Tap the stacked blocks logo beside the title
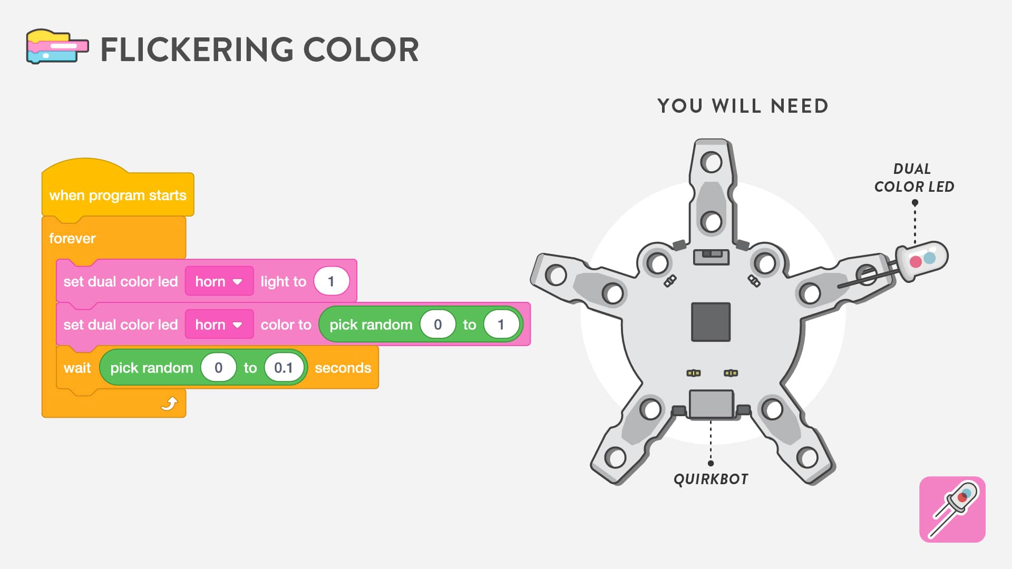(57, 46)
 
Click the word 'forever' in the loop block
(72, 239)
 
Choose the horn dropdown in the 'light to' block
(219, 281)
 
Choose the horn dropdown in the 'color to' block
(219, 325)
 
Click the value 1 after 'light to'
(332, 281)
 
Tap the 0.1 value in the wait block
(284, 368)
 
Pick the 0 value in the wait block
(218, 368)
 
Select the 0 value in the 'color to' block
(437, 325)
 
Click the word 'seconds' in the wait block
(343, 368)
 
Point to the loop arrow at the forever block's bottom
(169, 404)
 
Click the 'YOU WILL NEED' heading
(743, 106)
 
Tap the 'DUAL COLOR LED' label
(914, 178)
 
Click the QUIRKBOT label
(711, 479)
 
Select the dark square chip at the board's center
(711, 322)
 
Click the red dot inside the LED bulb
(916, 261)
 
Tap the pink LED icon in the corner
(952, 509)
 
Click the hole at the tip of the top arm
(711, 162)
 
